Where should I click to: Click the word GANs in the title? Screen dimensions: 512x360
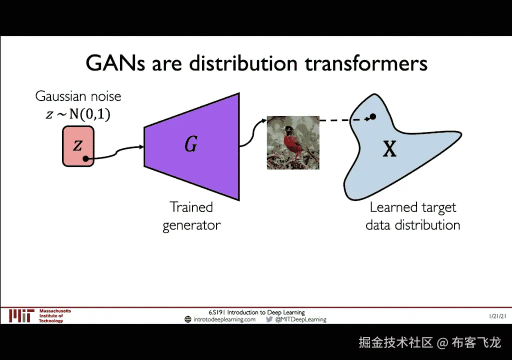(115, 63)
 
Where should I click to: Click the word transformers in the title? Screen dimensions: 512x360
(366, 63)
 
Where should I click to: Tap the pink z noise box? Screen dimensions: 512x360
(78, 146)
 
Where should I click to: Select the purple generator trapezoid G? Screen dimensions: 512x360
(191, 146)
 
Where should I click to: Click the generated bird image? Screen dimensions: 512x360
(293, 143)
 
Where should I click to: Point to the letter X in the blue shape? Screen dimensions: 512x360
(389, 149)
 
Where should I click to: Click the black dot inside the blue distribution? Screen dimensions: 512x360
(372, 116)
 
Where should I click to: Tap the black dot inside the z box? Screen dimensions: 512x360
(85, 159)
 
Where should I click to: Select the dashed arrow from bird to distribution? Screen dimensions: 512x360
(345, 120)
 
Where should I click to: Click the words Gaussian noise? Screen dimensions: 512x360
(78, 96)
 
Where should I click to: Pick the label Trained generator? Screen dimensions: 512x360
(191, 216)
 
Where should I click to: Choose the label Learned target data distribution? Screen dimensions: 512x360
(412, 216)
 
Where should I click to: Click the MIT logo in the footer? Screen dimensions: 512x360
(21, 316)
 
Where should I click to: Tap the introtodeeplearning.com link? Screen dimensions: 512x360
(224, 319)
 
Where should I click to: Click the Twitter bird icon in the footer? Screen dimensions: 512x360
(269, 319)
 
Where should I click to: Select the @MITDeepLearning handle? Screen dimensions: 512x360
(300, 319)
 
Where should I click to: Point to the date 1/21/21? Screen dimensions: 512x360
(497, 316)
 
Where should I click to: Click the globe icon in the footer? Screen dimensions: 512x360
(188, 319)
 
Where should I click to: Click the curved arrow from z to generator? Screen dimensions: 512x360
(116, 152)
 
